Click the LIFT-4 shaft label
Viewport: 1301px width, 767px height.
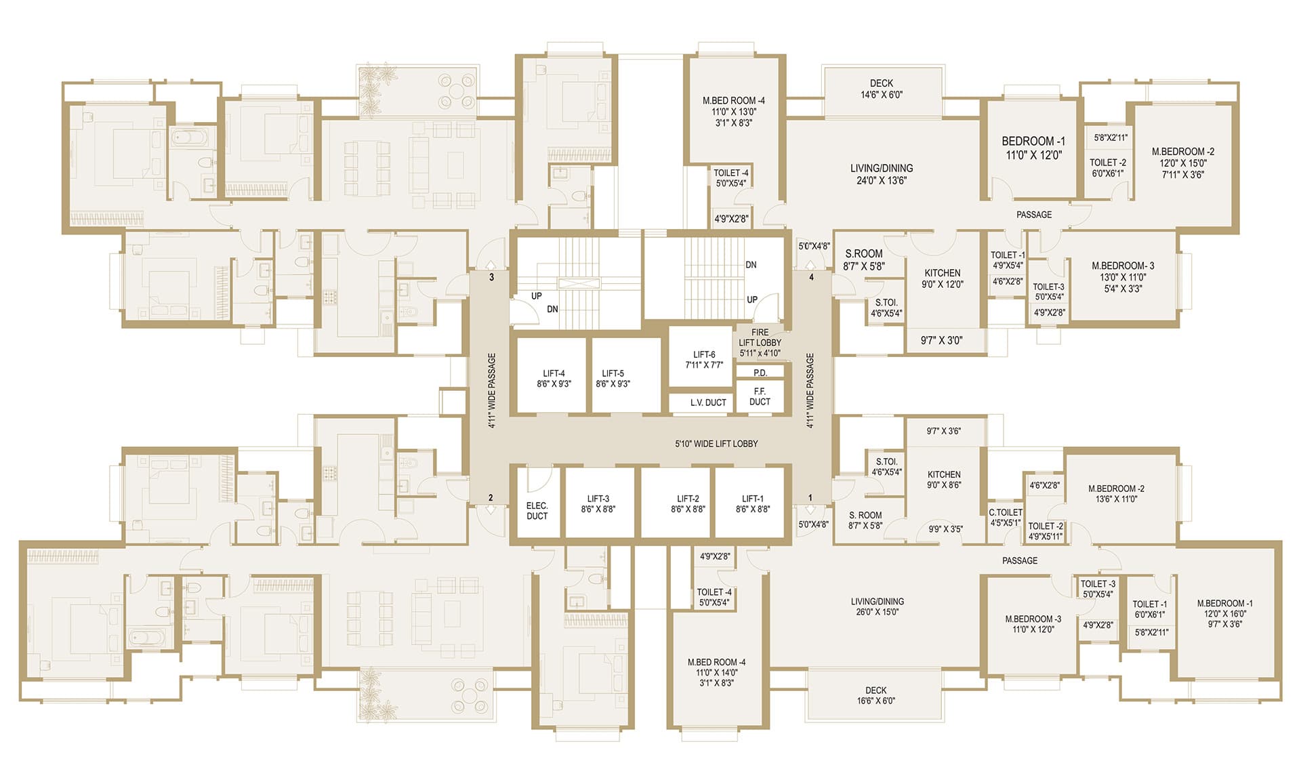coord(554,378)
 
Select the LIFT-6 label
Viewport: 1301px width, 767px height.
coord(704,359)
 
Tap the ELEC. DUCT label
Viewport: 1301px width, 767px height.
coord(537,511)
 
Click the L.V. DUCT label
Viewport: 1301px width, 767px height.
coord(708,402)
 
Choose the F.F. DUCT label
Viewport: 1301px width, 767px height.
coord(760,396)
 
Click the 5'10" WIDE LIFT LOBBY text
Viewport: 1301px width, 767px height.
coord(716,444)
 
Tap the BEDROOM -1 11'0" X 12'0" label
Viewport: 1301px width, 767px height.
coord(1033,148)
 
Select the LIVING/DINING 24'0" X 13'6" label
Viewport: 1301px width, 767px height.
coord(882,174)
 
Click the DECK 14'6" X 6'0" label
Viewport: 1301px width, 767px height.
coord(882,89)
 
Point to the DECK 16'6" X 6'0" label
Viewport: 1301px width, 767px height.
coord(875,695)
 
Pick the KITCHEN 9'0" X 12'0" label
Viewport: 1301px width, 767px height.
coord(943,278)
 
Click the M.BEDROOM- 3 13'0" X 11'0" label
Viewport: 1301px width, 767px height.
coord(1123,277)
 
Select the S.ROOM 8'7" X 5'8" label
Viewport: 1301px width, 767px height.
coord(864,260)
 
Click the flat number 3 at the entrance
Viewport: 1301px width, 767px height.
coord(491,277)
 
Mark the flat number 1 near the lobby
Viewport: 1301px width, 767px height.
coord(810,498)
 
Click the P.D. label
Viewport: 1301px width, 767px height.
coord(760,373)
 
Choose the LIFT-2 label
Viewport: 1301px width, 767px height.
coord(688,503)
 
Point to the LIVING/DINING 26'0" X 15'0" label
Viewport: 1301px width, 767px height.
coord(877,606)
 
